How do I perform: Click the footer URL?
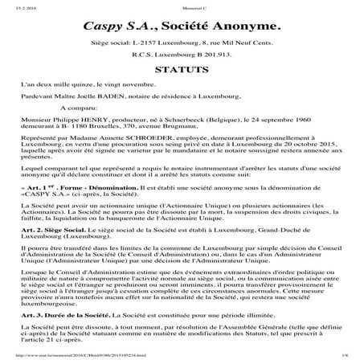click(80, 358)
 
